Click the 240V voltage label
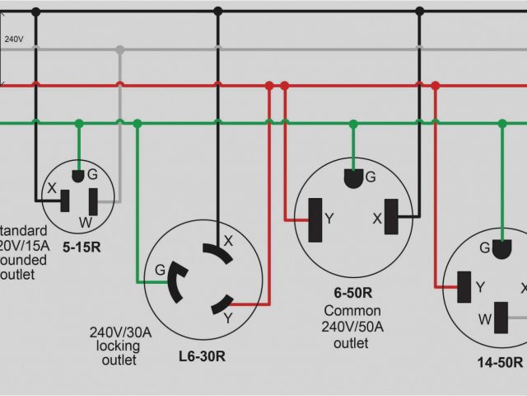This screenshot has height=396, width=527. [13, 39]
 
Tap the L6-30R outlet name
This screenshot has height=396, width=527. [202, 356]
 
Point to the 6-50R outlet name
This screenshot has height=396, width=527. [352, 292]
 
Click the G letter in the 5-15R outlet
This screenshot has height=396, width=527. [92, 174]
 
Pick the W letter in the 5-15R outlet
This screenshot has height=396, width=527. [85, 221]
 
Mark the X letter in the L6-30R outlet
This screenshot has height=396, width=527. [228, 241]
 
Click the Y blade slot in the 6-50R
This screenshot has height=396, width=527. [315, 220]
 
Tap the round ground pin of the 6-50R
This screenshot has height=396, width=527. [352, 177]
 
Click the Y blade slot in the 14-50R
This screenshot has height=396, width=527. [464, 285]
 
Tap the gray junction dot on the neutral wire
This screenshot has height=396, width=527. [120, 49]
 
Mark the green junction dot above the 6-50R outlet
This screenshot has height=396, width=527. [352, 124]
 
